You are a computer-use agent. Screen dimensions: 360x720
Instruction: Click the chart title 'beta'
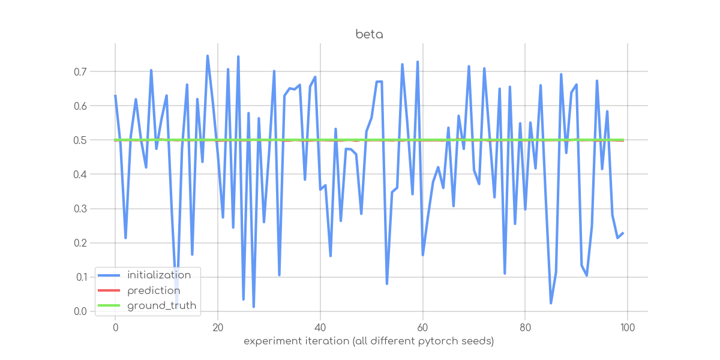(x=369, y=34)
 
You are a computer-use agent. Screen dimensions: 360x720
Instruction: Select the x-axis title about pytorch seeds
(x=369, y=341)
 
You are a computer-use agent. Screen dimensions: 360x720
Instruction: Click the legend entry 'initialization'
(x=159, y=275)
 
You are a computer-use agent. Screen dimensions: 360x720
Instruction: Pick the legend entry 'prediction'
(x=154, y=290)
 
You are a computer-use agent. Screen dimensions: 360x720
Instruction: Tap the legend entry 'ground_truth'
(x=162, y=306)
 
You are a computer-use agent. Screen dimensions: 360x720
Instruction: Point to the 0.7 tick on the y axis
(x=80, y=71)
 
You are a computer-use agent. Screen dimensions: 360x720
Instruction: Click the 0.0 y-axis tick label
(x=80, y=311)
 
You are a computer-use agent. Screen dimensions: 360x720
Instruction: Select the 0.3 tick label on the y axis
(x=80, y=209)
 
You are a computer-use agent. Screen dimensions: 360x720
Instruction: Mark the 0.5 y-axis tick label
(x=80, y=140)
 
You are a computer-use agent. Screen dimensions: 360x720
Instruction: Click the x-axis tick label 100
(x=628, y=328)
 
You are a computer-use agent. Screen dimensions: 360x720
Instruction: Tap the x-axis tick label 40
(x=320, y=328)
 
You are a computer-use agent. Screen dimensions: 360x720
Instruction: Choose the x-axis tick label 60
(x=422, y=328)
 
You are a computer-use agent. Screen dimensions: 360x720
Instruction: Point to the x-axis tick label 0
(x=115, y=328)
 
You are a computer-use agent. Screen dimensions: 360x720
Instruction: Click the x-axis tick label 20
(x=217, y=328)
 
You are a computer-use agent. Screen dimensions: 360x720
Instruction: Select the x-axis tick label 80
(x=525, y=328)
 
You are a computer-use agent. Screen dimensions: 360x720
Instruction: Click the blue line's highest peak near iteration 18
(x=208, y=56)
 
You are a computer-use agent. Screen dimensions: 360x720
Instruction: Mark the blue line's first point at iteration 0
(x=115, y=95)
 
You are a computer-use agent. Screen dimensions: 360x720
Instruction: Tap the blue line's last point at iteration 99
(x=623, y=233)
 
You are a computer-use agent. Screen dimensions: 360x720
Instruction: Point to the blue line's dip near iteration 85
(x=551, y=303)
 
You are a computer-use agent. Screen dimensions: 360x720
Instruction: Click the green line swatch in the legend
(x=109, y=306)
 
